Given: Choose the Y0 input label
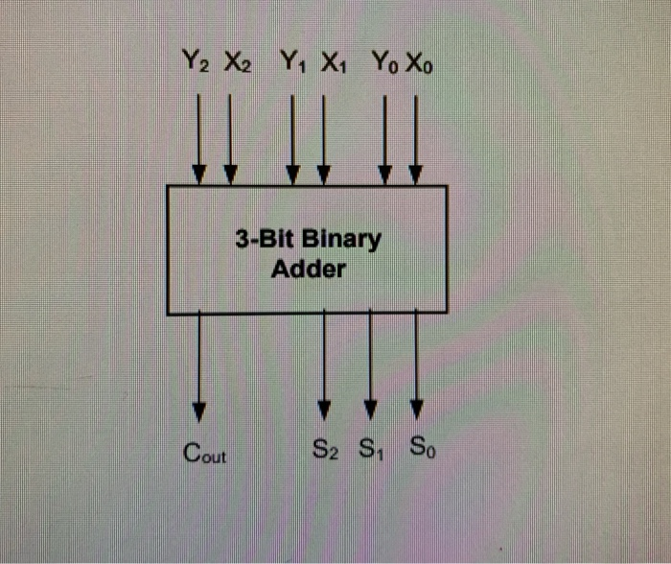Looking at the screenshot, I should pyautogui.click(x=383, y=65).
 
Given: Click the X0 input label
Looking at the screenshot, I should pyautogui.click(x=419, y=65).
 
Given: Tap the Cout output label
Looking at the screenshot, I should pyautogui.click(x=204, y=453).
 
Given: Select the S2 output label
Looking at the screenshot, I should pyautogui.click(x=326, y=448).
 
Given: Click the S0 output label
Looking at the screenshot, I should pyautogui.click(x=419, y=448).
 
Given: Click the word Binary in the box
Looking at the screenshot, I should pyautogui.click(x=341, y=239).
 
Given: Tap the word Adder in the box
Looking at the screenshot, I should pyautogui.click(x=308, y=270).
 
